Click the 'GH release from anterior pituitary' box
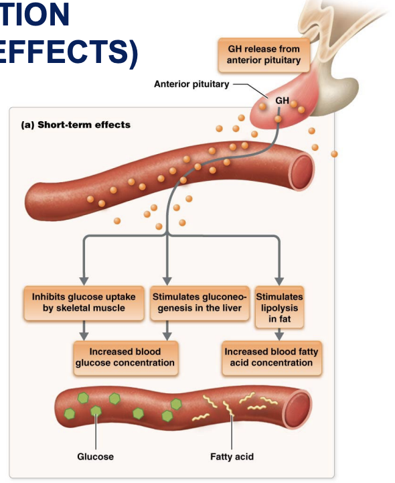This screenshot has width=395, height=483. (263, 55)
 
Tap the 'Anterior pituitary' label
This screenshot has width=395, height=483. (191, 84)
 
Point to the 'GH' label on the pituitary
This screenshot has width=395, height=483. (282, 100)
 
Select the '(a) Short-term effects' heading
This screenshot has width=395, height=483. (76, 125)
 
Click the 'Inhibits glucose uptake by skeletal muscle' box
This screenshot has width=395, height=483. (84, 303)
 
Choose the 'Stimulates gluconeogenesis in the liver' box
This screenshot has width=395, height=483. (200, 303)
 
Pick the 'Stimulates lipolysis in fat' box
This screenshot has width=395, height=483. (279, 308)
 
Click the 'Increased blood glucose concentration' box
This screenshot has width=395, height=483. (125, 357)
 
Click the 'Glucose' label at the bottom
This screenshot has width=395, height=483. (95, 456)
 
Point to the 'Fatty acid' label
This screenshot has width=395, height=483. (232, 456)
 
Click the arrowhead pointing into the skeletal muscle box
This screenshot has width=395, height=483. (84, 279)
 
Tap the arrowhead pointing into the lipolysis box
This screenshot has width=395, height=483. (279, 279)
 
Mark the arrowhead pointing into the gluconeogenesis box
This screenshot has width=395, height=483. (167, 279)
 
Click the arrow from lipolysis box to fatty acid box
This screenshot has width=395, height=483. (279, 335)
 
